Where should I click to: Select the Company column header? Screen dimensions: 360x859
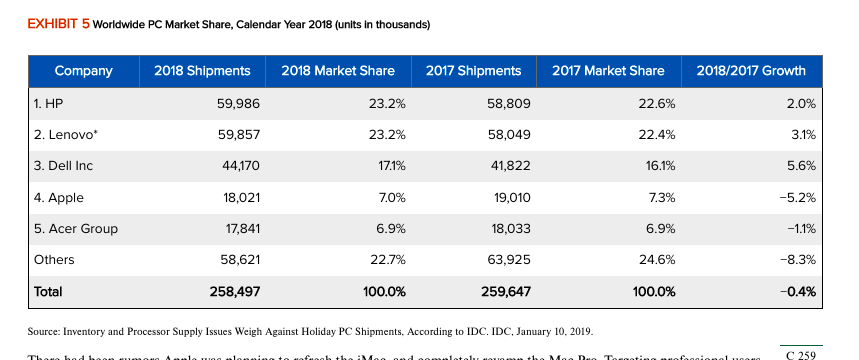(83, 71)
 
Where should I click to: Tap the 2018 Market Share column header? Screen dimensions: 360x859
(338, 71)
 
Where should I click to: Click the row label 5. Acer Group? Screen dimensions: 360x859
(75, 229)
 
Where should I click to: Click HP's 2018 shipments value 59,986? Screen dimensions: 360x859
(240, 103)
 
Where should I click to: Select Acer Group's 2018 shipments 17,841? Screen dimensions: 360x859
(242, 229)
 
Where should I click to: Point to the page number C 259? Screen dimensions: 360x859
(802, 354)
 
